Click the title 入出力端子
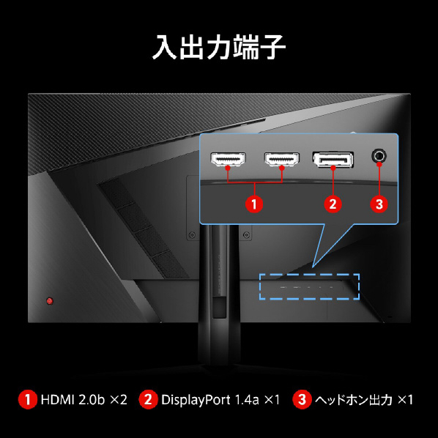(x=219, y=47)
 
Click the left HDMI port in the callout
(x=229, y=159)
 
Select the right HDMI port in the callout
(x=281, y=159)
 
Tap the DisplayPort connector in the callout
(x=333, y=160)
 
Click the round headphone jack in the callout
(x=379, y=156)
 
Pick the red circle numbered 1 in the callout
(x=254, y=204)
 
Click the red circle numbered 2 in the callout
(x=333, y=204)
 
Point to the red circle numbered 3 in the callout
(x=379, y=204)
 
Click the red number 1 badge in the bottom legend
(x=27, y=399)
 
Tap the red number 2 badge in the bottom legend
(x=148, y=399)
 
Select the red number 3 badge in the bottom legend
(x=302, y=399)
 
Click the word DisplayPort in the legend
(x=196, y=401)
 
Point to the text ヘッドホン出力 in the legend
(x=354, y=400)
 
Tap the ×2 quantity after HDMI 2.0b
(x=119, y=400)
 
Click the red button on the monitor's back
(x=50, y=301)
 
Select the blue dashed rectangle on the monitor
(x=309, y=275)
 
